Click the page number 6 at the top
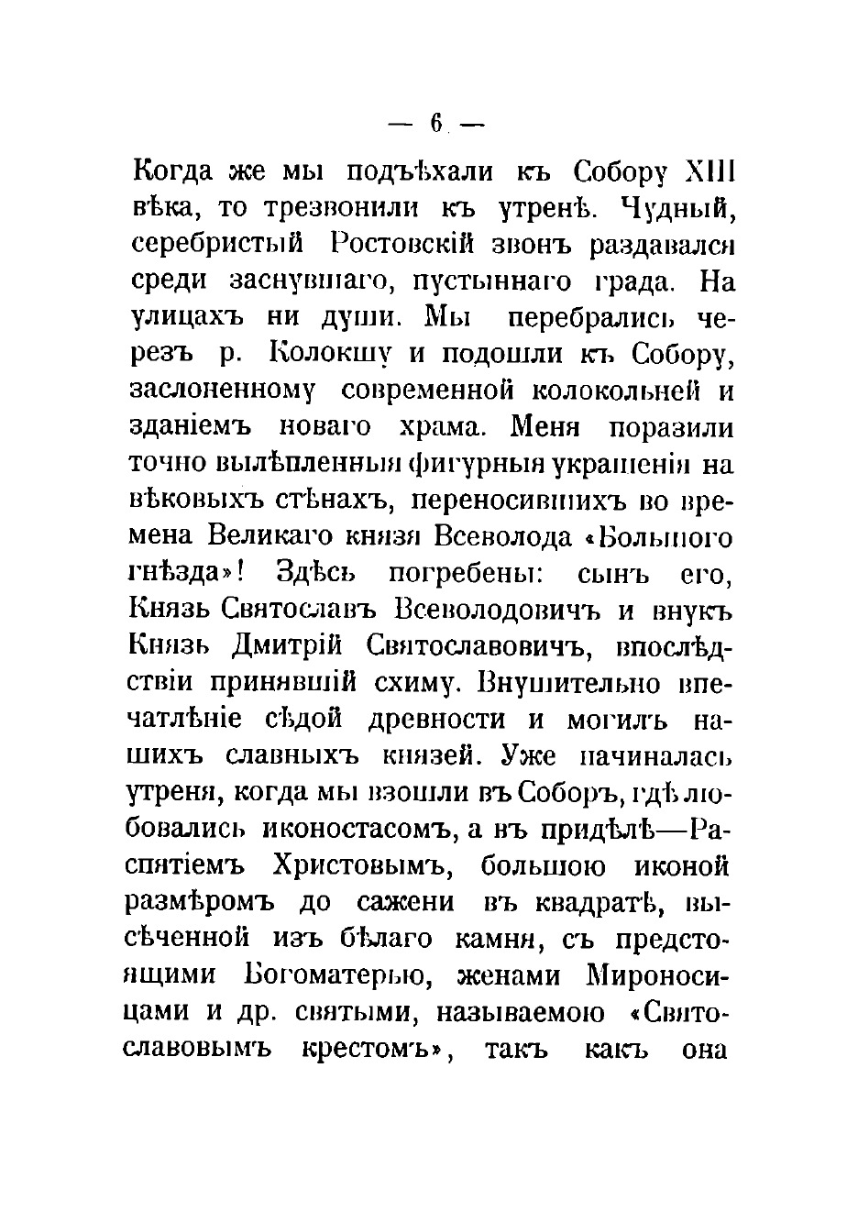[x=435, y=122]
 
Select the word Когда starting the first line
[x=172, y=171]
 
